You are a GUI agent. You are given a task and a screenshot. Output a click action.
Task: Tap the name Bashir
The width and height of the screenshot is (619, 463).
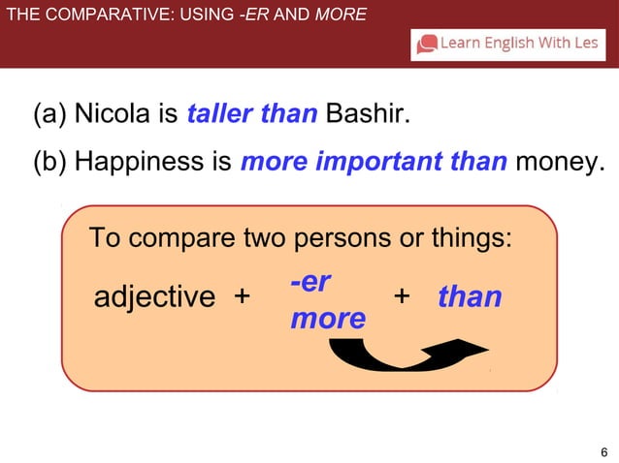coord(367,115)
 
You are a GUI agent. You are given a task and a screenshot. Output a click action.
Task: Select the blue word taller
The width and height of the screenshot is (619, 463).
coord(219,115)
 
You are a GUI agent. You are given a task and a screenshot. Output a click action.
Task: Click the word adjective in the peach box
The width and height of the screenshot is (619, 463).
coord(154,296)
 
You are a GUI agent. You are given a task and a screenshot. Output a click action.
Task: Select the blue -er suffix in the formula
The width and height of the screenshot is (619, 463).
coord(310,282)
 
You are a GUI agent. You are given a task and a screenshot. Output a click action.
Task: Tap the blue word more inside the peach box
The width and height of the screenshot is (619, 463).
coord(328,318)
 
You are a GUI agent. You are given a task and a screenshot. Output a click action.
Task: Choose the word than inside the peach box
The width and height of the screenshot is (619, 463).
coord(470,295)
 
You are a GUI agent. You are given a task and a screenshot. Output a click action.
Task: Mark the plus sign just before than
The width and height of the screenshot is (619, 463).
coord(402,294)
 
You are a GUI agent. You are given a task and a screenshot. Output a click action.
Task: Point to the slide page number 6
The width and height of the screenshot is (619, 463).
coord(604,452)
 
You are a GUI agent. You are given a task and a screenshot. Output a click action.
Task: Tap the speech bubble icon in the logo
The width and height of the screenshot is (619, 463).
coord(426,44)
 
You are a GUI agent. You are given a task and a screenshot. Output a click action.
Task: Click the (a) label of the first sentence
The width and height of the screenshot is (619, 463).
coord(50,115)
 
